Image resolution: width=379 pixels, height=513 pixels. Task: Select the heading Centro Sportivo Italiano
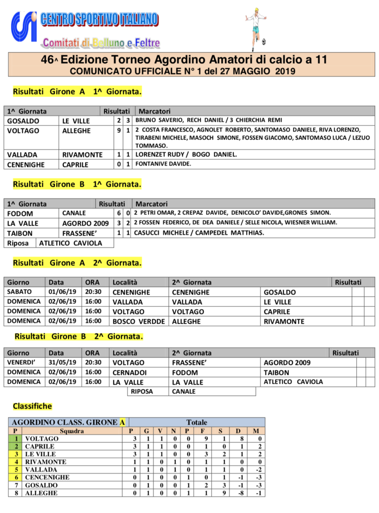(x=100, y=20)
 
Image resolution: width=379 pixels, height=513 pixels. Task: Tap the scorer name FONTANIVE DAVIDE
(x=163, y=164)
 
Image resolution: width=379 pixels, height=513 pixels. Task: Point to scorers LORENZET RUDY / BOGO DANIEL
(x=186, y=154)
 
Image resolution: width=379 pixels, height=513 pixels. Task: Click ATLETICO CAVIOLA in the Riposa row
(x=70, y=243)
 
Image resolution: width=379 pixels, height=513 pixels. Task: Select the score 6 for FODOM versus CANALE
(x=118, y=213)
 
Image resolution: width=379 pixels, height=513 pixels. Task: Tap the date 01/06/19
(x=62, y=292)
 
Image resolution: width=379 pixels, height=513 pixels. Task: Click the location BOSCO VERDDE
(x=139, y=321)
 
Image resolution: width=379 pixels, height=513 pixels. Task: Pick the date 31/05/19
(x=62, y=362)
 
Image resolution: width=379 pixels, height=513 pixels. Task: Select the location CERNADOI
(x=129, y=372)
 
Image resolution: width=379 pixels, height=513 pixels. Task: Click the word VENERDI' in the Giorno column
(x=21, y=362)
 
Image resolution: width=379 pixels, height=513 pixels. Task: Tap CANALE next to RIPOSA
(x=184, y=392)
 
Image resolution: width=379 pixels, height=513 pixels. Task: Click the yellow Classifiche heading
(x=32, y=406)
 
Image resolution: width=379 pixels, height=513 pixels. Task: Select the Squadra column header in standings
(x=72, y=431)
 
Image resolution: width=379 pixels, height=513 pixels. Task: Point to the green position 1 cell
(x=15, y=438)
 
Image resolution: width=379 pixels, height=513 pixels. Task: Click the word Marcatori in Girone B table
(x=152, y=204)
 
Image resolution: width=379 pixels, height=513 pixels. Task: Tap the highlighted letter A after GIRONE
(x=122, y=423)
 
